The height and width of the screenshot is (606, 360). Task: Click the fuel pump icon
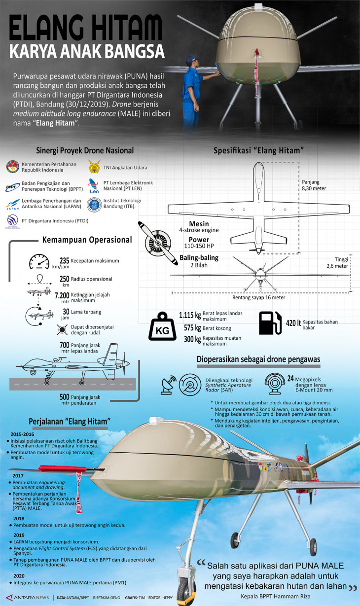point(270,323)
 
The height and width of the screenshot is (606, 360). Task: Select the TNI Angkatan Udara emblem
point(93,166)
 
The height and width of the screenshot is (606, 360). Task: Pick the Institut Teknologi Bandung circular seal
point(93,204)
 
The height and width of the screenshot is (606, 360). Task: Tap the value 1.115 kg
point(190,316)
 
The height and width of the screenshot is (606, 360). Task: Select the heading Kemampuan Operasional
point(87,240)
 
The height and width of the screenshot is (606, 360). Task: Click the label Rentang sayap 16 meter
point(258,298)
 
